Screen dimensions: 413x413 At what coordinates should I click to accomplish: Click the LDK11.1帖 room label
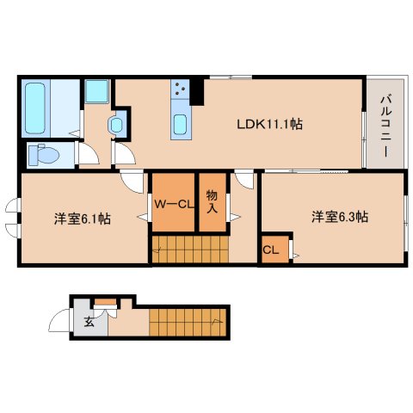(x=269, y=123)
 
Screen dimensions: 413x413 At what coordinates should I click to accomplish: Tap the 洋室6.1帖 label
(x=83, y=219)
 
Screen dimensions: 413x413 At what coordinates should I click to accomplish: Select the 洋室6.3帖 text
(x=340, y=217)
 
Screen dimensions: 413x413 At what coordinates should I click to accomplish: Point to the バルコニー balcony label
(x=382, y=125)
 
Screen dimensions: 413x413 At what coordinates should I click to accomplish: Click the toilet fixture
(x=43, y=155)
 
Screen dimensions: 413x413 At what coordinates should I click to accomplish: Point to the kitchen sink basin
(x=180, y=126)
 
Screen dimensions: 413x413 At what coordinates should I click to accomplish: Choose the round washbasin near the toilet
(x=117, y=125)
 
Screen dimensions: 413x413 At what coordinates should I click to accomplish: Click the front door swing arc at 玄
(x=60, y=323)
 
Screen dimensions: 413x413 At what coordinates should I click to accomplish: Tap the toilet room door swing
(x=88, y=155)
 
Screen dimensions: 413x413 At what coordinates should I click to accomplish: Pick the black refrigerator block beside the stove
(x=197, y=89)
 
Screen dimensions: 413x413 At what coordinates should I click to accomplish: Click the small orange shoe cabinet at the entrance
(x=106, y=300)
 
